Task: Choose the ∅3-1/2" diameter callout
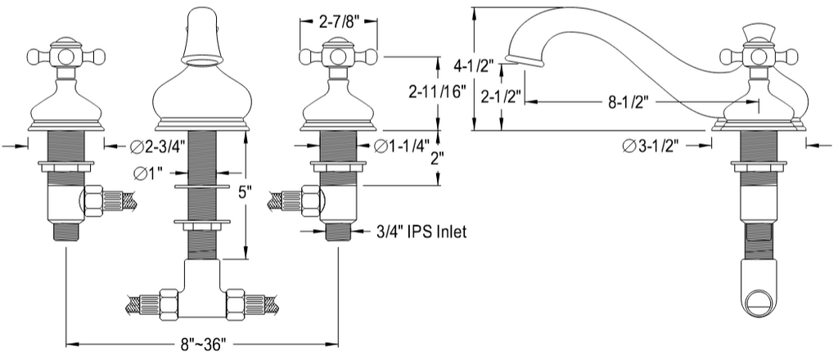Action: (653, 146)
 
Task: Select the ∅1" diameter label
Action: (147, 173)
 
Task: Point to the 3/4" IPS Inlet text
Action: (421, 232)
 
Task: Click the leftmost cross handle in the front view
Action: (66, 56)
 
